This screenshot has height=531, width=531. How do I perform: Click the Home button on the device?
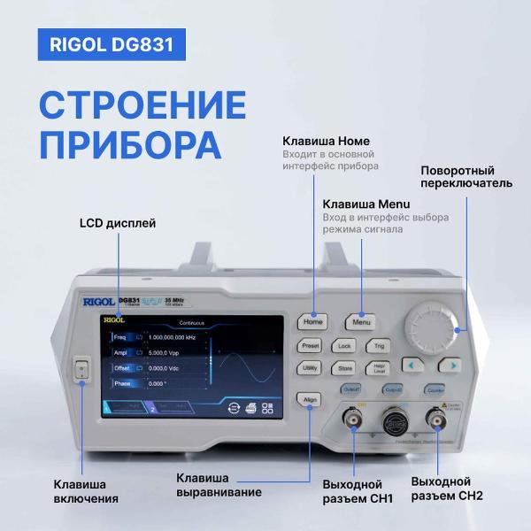click(x=314, y=322)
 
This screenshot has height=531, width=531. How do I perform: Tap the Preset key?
click(x=311, y=345)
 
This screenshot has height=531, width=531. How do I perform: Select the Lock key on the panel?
click(x=345, y=346)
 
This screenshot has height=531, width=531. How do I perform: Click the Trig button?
click(x=379, y=346)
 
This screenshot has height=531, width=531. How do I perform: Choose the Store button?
click(x=345, y=367)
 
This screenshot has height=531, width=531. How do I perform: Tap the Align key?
click(x=310, y=399)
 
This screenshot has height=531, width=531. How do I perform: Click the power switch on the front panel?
click(x=81, y=371)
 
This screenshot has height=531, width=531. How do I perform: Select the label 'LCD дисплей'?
click(x=118, y=223)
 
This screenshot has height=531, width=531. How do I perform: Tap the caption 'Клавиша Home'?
click(x=326, y=142)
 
